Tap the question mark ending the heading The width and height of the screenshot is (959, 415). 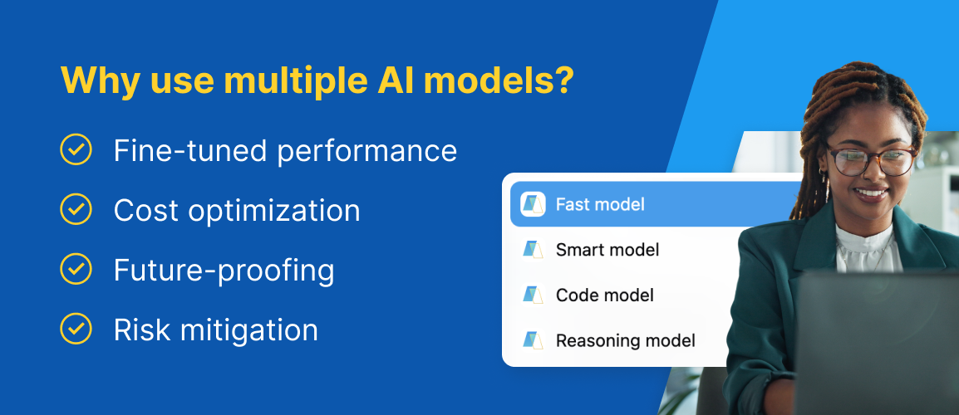(563, 80)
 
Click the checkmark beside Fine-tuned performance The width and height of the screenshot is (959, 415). (76, 149)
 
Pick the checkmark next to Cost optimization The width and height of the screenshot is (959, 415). (76, 210)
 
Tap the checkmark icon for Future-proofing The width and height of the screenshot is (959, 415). (76, 269)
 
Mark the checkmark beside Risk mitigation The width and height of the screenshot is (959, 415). (76, 329)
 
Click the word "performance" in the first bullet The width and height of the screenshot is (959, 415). (367, 151)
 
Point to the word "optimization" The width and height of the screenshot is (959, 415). (273, 211)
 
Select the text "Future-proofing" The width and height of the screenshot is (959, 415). (224, 271)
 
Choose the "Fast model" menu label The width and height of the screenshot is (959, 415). (600, 204)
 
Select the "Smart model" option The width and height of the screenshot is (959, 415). (607, 249)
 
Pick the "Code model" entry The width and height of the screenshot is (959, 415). (605, 295)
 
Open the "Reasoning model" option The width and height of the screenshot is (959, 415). (626, 340)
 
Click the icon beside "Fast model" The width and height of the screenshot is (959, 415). (533, 204)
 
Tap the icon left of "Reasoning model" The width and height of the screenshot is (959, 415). (533, 340)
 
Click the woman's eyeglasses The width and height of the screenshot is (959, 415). (871, 160)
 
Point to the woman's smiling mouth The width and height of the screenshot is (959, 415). (871, 193)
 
